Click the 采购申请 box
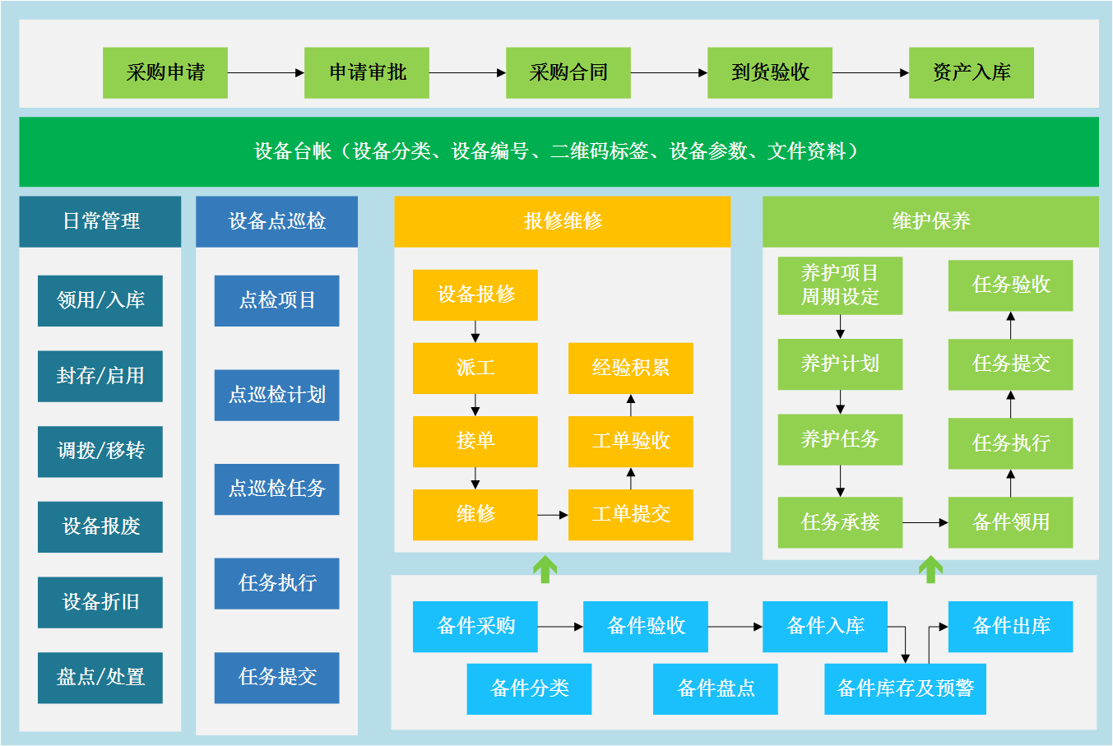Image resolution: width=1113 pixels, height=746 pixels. (x=165, y=72)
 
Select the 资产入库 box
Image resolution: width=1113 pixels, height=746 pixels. (x=971, y=72)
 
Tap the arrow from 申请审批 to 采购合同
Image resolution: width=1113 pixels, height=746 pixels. (x=467, y=72)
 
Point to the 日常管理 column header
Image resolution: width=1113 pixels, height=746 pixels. (x=100, y=221)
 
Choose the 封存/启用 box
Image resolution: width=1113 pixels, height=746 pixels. (x=100, y=376)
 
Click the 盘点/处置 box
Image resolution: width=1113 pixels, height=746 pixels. (x=100, y=677)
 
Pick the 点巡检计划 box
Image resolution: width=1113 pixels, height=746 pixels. (x=276, y=395)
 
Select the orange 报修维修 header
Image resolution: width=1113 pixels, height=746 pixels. (x=562, y=221)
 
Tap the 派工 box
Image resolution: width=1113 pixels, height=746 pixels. (x=475, y=368)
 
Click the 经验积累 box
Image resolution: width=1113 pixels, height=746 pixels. (x=630, y=368)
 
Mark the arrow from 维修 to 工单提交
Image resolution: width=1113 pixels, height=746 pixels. (x=553, y=515)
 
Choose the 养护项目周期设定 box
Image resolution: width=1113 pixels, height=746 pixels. (x=840, y=285)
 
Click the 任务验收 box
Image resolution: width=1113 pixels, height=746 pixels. (x=1010, y=285)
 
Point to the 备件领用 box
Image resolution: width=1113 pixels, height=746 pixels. (x=1010, y=522)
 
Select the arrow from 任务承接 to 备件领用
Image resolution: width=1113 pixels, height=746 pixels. (x=925, y=522)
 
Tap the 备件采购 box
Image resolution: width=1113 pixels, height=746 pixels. (x=475, y=626)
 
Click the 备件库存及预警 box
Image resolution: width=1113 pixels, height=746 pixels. (x=905, y=688)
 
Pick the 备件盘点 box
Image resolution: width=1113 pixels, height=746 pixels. (x=715, y=688)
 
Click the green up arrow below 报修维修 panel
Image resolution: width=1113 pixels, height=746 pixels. (x=545, y=568)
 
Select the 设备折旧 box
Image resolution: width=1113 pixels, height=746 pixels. (x=100, y=602)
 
